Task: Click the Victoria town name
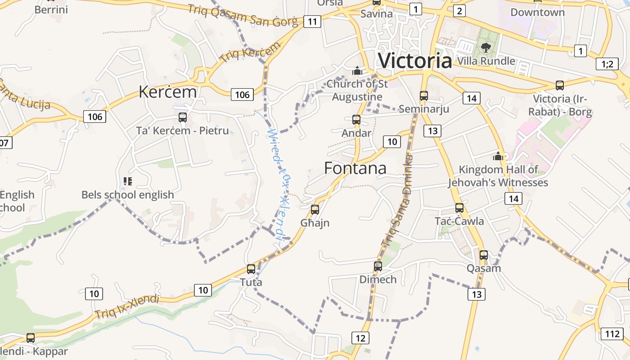415,60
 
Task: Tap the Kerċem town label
167,92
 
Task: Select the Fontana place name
355,168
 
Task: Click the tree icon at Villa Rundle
486,47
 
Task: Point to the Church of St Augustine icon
357,71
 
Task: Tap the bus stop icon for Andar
356,120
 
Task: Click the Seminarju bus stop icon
424,95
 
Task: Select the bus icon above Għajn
315,209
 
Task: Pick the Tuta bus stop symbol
251,269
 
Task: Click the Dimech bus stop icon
378,266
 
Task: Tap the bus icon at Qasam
484,255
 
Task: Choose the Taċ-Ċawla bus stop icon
459,208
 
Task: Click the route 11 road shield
312,21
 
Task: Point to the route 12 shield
360,338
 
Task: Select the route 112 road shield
612,333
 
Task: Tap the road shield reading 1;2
607,64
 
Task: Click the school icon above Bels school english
128,181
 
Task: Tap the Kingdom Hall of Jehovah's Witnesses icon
498,156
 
